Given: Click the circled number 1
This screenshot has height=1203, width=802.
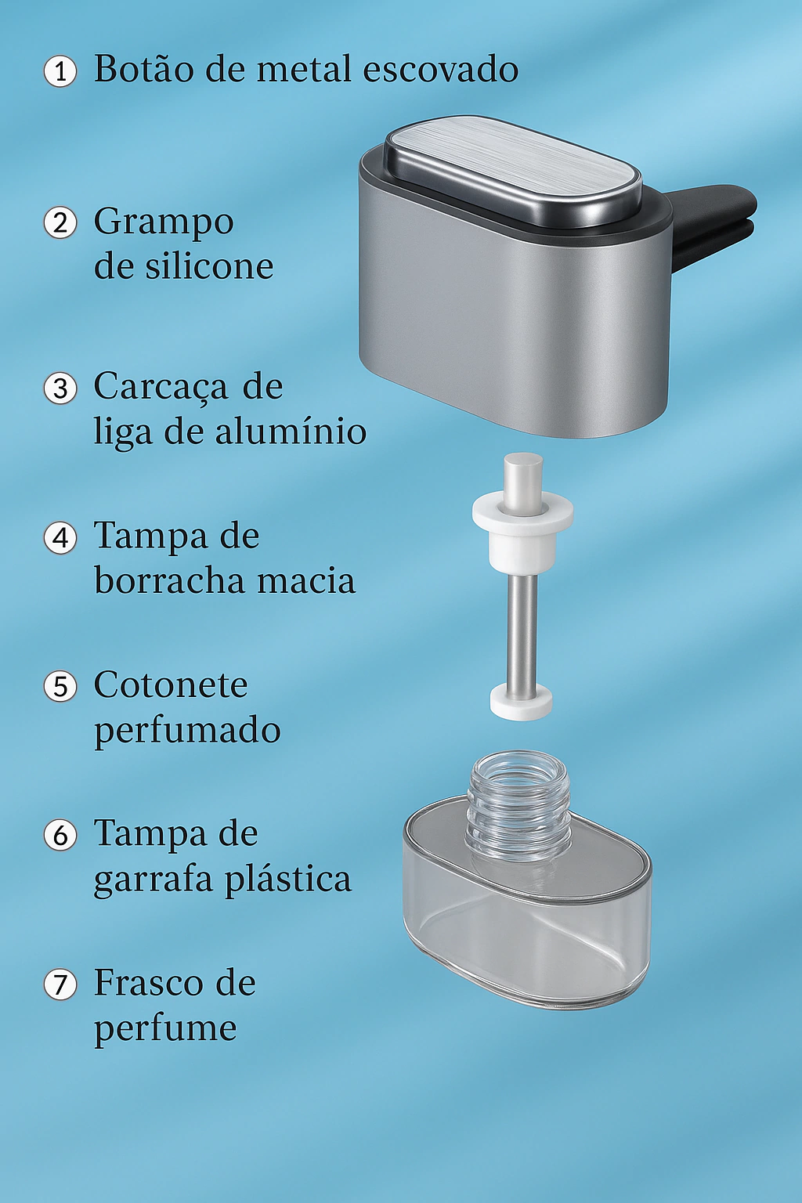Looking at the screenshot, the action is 60,71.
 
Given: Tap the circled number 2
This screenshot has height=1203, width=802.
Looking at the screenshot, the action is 60,222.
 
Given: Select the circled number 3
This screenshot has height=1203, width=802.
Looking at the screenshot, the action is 60,388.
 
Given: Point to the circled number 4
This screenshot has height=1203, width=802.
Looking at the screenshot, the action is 60,537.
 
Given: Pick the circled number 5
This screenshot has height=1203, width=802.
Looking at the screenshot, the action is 60,686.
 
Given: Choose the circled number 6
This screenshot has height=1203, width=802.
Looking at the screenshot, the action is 60,835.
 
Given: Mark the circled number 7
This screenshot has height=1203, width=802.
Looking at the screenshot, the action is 60,984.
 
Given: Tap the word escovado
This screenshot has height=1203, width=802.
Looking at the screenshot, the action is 440,69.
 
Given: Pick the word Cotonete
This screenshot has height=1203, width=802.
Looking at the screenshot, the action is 171,685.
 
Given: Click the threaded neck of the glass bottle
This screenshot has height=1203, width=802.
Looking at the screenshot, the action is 518,801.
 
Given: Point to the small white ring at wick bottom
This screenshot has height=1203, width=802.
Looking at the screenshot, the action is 521,702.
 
